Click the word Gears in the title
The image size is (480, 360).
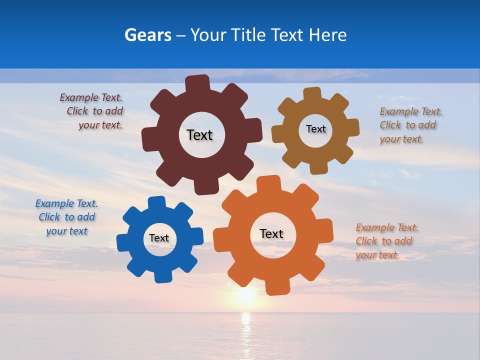(x=148, y=35)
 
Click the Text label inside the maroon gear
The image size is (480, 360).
(x=199, y=135)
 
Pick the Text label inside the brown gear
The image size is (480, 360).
(x=315, y=129)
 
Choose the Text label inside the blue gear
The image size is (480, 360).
(x=159, y=238)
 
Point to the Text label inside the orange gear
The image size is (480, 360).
(x=271, y=233)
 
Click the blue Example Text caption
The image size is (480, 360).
(x=66, y=217)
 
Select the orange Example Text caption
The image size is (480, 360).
(x=387, y=241)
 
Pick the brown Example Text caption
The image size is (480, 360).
(x=410, y=125)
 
